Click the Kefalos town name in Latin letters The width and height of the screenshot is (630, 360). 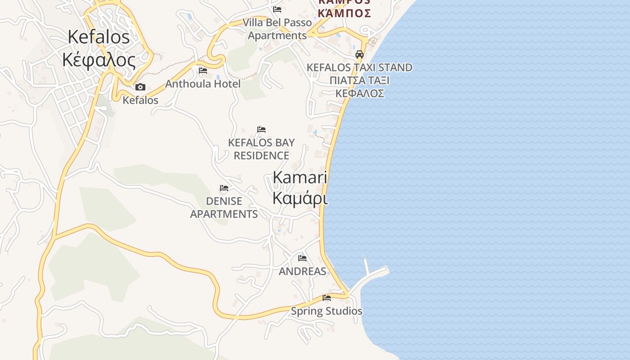[x=99, y=37]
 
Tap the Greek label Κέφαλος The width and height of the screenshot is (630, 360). [x=99, y=59]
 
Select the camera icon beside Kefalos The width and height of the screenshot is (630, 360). [x=140, y=87]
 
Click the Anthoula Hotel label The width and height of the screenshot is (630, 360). [x=203, y=84]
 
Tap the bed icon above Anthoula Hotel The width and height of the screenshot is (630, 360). [x=203, y=71]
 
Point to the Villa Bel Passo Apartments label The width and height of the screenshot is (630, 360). [x=277, y=29]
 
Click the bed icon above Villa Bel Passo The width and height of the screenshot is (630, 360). [x=277, y=9]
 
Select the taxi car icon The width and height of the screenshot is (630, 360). [x=359, y=54]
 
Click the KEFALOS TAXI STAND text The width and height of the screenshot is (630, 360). [x=359, y=67]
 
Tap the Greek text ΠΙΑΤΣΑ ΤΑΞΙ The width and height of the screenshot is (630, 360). [x=359, y=81]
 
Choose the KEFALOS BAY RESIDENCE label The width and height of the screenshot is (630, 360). [x=261, y=149]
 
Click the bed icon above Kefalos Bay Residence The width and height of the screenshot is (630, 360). [x=261, y=130]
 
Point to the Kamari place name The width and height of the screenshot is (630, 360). [x=300, y=177]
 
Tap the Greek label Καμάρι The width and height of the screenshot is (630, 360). [x=300, y=198]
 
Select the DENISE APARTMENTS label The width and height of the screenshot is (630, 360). [x=224, y=207]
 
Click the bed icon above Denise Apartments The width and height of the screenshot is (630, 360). [x=224, y=188]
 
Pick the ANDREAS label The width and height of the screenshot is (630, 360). [x=302, y=271]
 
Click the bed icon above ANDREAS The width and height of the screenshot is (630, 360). [x=302, y=258]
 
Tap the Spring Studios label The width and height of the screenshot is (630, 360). [x=326, y=311]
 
